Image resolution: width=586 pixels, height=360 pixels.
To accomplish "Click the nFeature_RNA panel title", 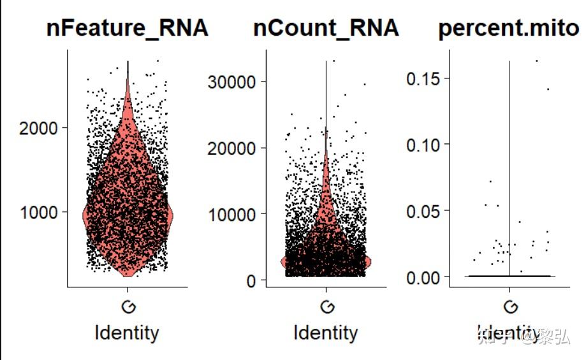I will [128, 29].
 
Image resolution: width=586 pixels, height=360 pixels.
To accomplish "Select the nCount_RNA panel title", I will [326, 29].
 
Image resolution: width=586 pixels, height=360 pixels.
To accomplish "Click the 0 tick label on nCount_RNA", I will [253, 280].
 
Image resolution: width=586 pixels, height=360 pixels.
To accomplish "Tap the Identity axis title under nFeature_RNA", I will [127, 333].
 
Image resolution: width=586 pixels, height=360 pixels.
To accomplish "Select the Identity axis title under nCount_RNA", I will [326, 333].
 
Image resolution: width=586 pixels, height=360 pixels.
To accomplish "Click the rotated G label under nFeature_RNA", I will [128, 307].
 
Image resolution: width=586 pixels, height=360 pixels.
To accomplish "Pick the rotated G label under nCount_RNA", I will [326, 307].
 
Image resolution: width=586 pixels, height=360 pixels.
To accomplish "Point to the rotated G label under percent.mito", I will [510, 307].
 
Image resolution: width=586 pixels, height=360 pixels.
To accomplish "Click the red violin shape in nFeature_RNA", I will [128, 191].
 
